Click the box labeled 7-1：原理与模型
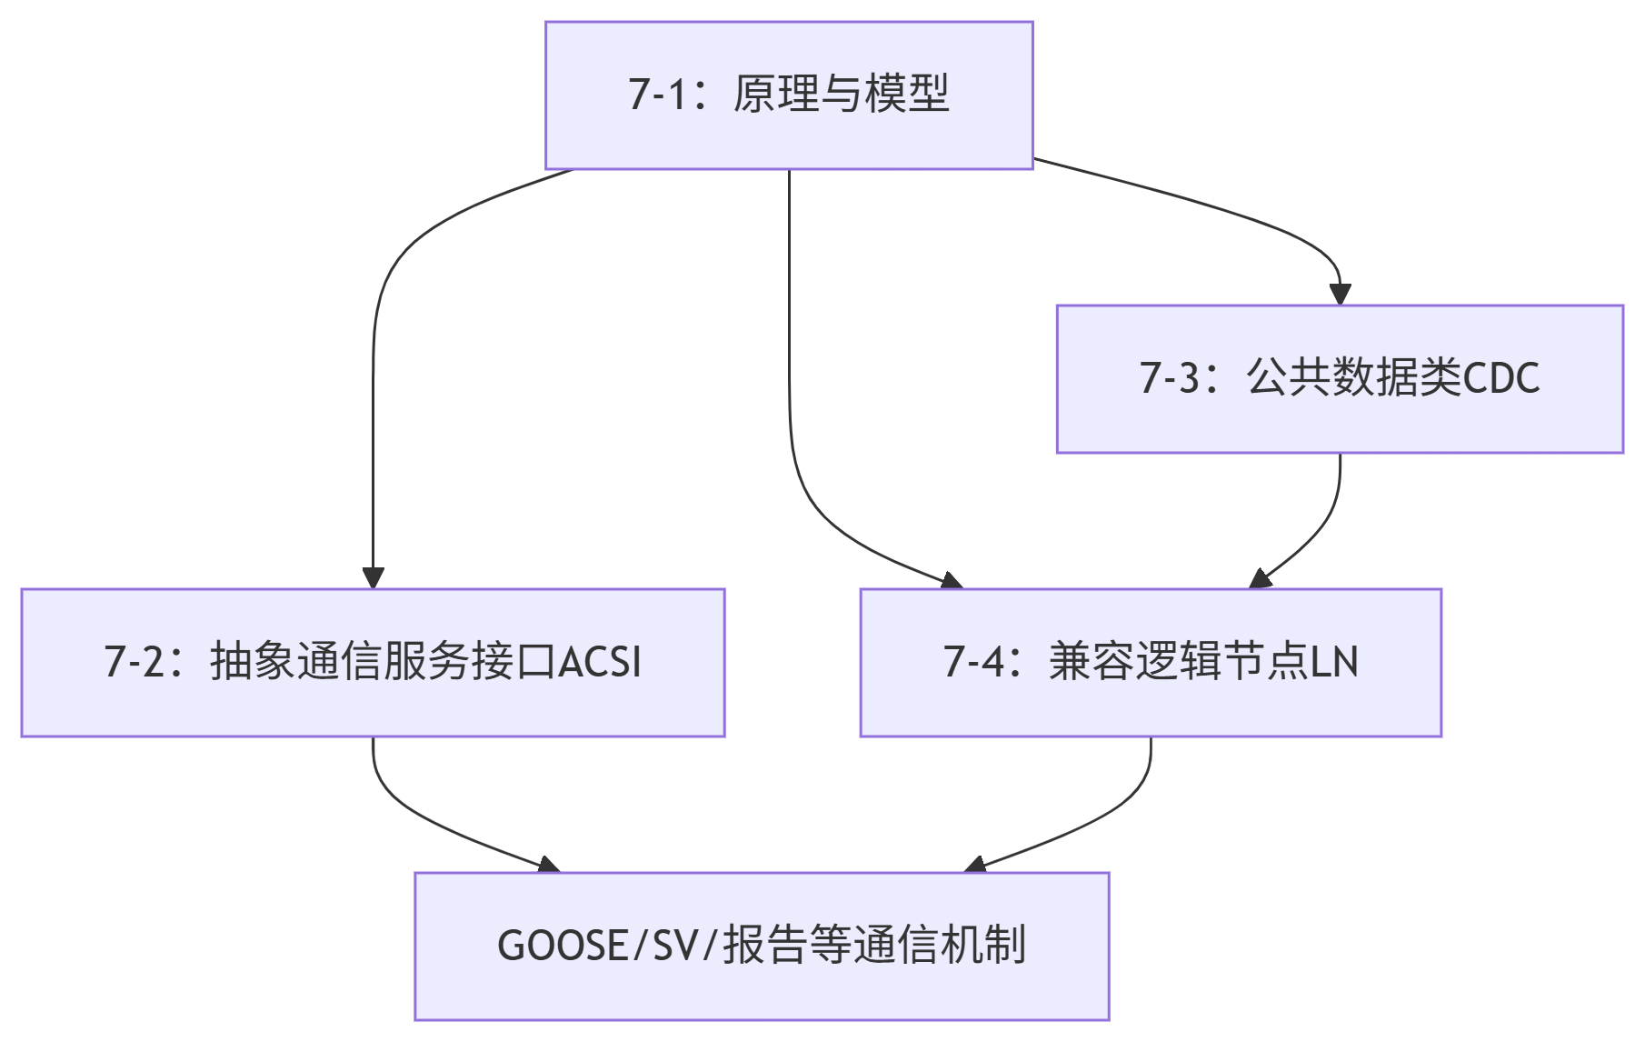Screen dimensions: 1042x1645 [x=789, y=95]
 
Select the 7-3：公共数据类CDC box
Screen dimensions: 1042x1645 [x=1339, y=379]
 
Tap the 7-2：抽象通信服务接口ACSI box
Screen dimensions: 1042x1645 [x=373, y=663]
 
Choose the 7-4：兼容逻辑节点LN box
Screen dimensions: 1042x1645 [x=1151, y=663]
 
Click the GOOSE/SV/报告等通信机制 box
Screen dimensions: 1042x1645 [x=762, y=947]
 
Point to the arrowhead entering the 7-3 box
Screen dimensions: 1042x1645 [x=1340, y=295]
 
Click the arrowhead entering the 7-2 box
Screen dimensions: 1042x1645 [x=373, y=578]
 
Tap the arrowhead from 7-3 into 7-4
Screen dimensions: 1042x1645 [x=1260, y=579]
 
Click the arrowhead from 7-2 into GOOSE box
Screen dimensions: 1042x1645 [x=549, y=865]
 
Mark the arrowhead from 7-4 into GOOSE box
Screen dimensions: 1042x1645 [x=974, y=865]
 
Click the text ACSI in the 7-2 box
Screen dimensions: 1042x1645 [x=600, y=662]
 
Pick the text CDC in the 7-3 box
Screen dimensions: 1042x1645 [x=1501, y=378]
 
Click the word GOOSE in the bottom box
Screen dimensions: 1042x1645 [x=562, y=946]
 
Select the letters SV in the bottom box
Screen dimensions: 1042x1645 [x=675, y=946]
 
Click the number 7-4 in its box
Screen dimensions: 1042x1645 [x=973, y=662]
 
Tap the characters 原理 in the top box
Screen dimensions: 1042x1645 [x=775, y=95]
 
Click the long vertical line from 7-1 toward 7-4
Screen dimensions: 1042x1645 [x=789, y=318]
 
